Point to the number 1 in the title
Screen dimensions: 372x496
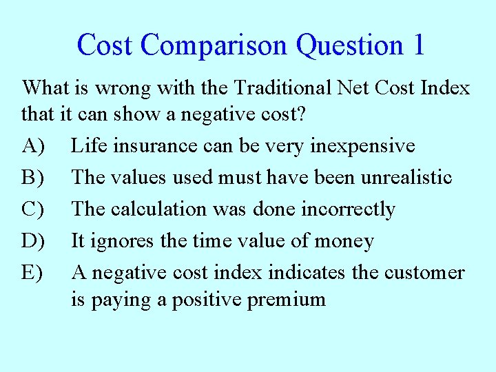[x=419, y=45]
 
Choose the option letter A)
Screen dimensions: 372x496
[x=34, y=146]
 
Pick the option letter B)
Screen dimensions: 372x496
[x=33, y=178]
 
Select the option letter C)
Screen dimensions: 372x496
[x=34, y=209]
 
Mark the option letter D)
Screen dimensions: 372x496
[x=34, y=241]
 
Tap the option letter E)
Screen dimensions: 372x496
[x=33, y=273]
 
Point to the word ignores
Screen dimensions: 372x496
[x=121, y=242]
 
